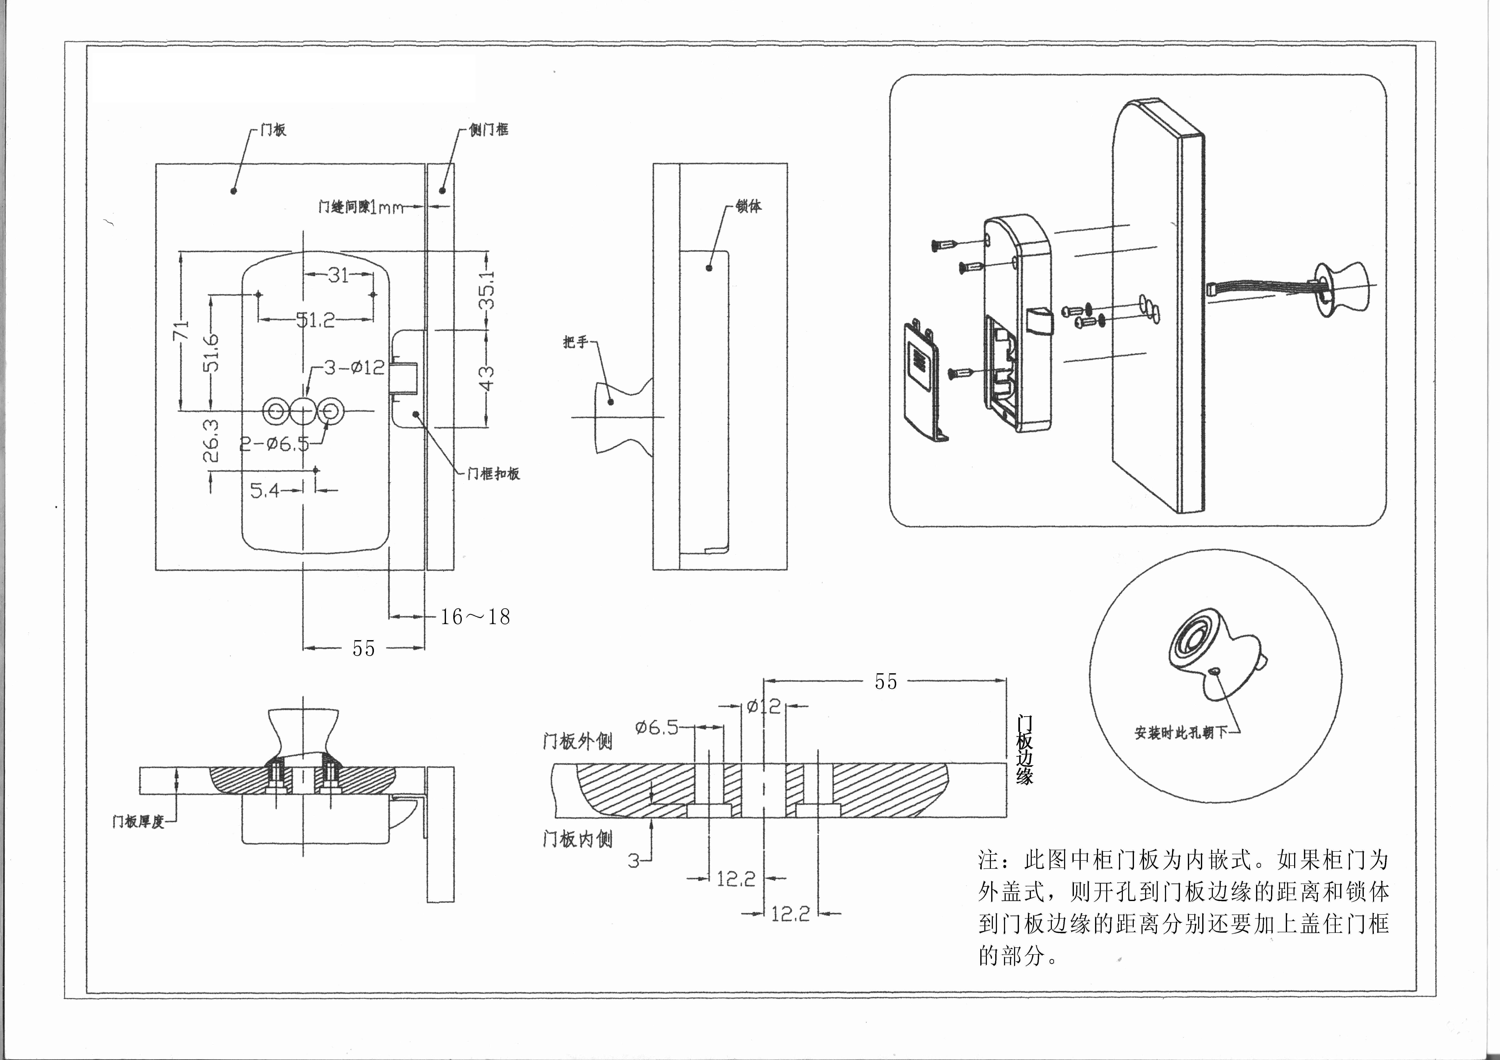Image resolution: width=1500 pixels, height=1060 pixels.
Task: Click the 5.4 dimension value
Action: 265,490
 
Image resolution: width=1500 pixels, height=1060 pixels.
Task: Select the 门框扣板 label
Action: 493,473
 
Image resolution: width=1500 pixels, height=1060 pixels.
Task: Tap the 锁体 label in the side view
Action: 749,206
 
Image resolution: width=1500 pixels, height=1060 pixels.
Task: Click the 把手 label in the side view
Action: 576,342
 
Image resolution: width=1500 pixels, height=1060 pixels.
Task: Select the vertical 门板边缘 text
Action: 1024,750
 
